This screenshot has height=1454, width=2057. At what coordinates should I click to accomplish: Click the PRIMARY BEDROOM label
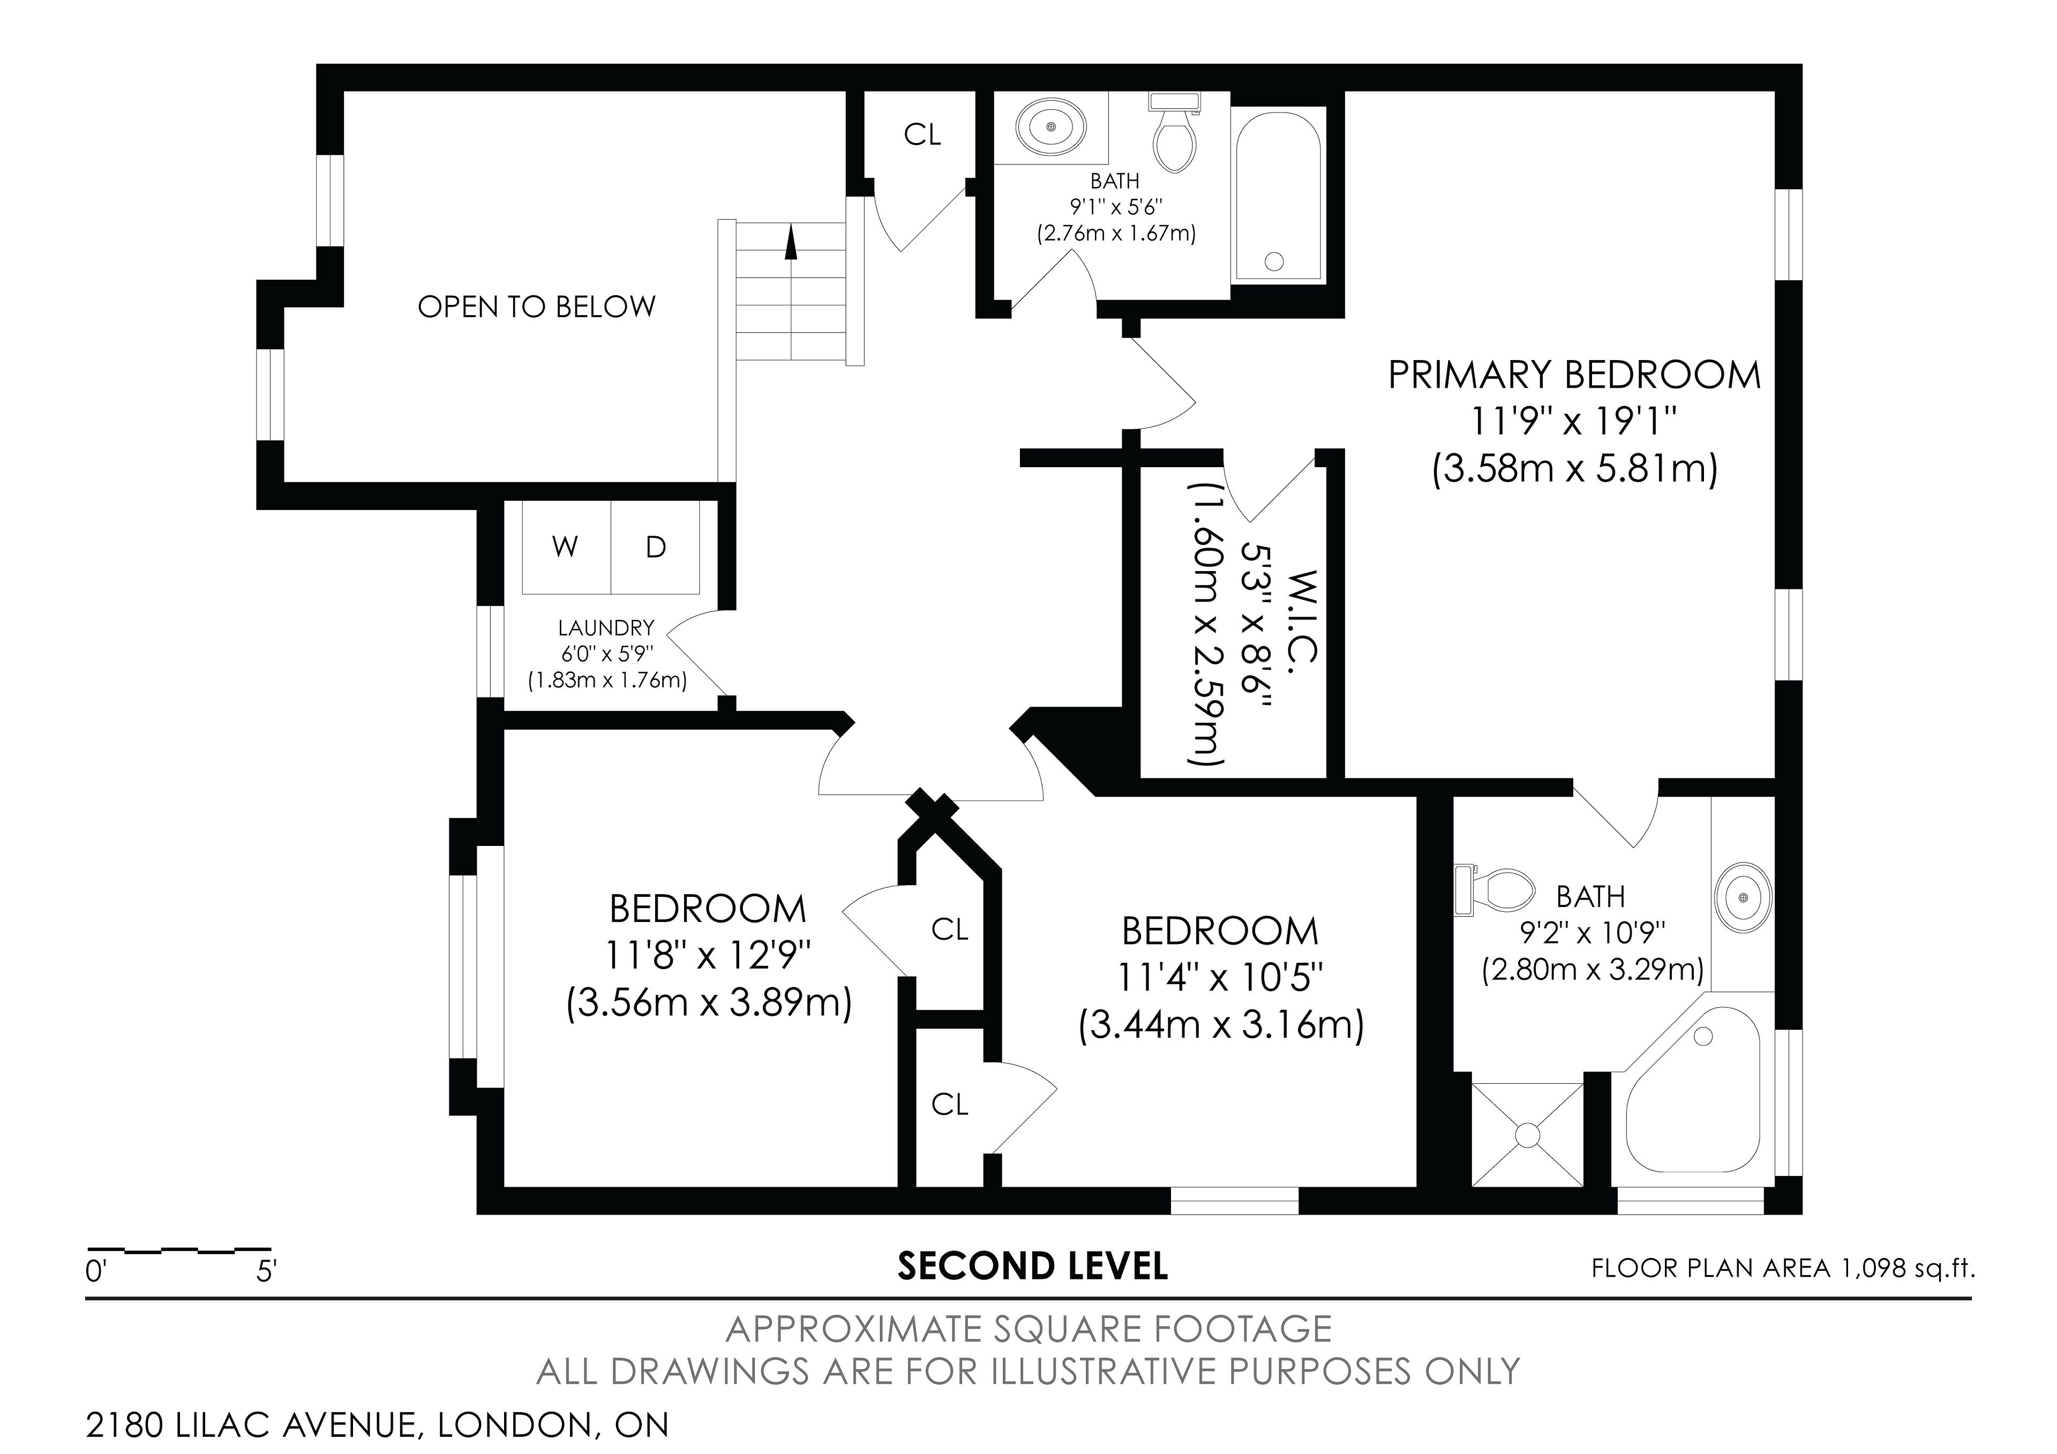(x=1574, y=374)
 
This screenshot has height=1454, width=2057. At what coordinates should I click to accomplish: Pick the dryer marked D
(x=656, y=546)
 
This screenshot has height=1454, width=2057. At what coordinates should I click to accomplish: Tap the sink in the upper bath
(x=1051, y=127)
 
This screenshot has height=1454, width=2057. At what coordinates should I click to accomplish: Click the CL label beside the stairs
(x=922, y=134)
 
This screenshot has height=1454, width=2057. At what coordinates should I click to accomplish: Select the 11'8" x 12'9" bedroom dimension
(x=708, y=956)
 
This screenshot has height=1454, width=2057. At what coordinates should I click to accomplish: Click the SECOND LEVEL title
(x=1033, y=1266)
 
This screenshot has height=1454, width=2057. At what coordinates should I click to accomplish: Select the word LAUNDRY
(x=606, y=628)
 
